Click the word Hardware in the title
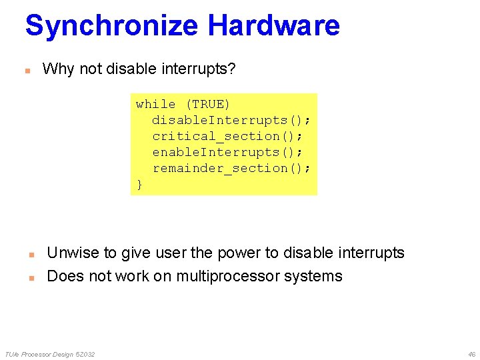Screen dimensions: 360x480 [273, 26]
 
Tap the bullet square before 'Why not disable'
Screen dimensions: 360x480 [28, 70]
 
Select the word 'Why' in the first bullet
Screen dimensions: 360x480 [58, 69]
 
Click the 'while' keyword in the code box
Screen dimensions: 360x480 [155, 104]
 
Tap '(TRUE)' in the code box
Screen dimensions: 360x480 [207, 104]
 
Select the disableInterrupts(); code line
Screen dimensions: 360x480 [231, 120]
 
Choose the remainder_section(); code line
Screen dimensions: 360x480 [231, 168]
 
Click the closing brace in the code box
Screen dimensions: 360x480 [139, 184]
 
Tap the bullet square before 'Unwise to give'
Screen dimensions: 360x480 [31, 254]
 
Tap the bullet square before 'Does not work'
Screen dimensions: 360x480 [31, 277]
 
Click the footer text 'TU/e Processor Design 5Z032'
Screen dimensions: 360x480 [50, 354]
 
